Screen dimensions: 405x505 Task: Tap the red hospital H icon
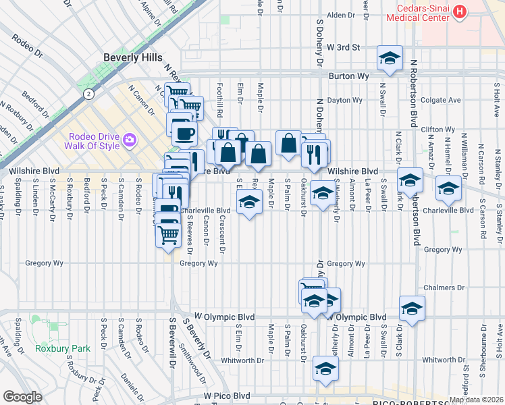pos(460,11)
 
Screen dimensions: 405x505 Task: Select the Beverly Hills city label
pos(133,58)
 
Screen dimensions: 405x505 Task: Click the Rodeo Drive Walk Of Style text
pos(89,140)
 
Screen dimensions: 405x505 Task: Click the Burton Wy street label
pos(347,76)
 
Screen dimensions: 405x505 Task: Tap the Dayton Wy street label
pos(345,101)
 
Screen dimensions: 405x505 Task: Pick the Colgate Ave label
pos(440,100)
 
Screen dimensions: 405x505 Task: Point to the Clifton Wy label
pos(436,129)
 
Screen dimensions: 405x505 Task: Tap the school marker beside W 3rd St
pos(390,59)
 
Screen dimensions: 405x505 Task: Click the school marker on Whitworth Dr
pos(325,369)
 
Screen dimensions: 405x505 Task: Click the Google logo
pos(22,397)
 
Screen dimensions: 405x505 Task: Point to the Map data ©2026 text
pos(475,400)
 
